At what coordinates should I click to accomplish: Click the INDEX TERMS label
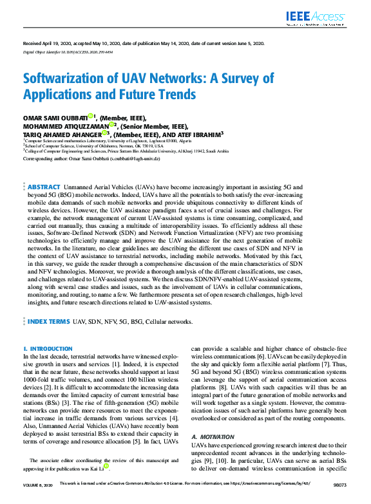[49, 321]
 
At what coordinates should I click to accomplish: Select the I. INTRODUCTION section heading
[48, 348]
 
